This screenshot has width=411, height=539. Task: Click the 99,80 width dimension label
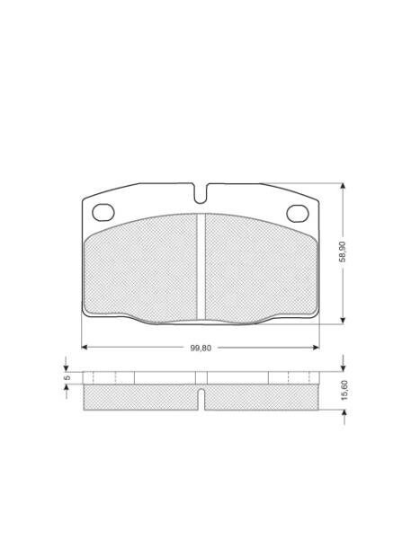tap(201, 348)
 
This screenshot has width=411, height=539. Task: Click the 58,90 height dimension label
tap(343, 252)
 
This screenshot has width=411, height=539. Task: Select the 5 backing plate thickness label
tap(67, 377)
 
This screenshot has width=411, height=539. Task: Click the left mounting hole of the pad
tap(103, 212)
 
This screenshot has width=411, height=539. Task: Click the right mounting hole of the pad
tap(298, 213)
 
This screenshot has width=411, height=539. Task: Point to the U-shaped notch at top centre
tap(201, 193)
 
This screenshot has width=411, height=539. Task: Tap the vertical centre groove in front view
tap(201, 268)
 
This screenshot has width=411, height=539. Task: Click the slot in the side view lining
tap(201, 399)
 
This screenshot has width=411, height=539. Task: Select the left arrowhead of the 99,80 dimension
tap(85, 347)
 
